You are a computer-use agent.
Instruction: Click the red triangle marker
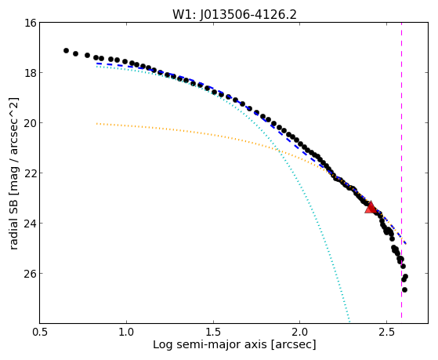(371, 207)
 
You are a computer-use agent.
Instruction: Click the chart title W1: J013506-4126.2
(234, 15)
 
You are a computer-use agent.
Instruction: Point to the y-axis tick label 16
(31, 23)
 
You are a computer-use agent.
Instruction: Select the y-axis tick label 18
(31, 73)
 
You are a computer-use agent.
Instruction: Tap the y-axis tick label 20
(31, 123)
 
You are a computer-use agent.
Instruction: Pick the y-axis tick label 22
(31, 173)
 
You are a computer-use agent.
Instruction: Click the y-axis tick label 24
(31, 224)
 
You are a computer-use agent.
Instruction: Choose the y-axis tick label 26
(31, 273)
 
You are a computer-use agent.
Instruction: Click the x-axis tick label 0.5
(40, 333)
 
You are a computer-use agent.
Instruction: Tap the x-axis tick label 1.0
(126, 333)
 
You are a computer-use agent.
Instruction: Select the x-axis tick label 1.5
(213, 333)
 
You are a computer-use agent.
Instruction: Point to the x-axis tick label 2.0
(300, 333)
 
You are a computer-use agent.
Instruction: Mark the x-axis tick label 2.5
(386, 333)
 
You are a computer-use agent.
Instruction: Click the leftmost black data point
(66, 51)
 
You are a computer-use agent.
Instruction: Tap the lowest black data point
(404, 289)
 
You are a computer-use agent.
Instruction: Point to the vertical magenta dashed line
(401, 170)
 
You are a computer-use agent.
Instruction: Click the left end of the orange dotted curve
(96, 123)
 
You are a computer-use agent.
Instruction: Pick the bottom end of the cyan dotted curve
(349, 321)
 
